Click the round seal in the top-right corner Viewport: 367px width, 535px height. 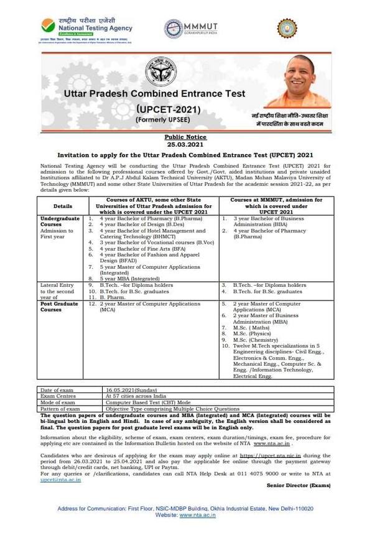(287, 29)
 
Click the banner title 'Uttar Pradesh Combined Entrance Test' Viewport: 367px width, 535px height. (155, 95)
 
